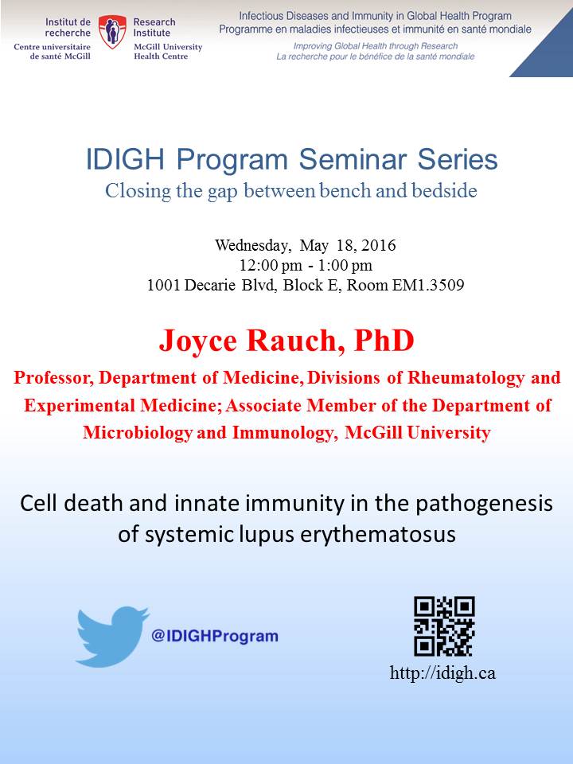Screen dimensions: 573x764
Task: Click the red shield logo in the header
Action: pyautogui.click(x=112, y=32)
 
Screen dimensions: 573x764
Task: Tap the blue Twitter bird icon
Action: pyautogui.click(x=112, y=636)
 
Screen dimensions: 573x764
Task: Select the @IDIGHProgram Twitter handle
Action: pyautogui.click(x=215, y=636)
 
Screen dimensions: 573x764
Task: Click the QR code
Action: pyautogui.click(x=444, y=626)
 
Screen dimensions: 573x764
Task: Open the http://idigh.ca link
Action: pyautogui.click(x=442, y=673)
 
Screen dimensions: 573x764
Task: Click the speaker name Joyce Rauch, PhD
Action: pyautogui.click(x=286, y=340)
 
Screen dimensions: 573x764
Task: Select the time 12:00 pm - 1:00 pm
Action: pyautogui.click(x=306, y=266)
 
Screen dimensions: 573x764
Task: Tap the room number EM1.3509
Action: pyautogui.click(x=428, y=285)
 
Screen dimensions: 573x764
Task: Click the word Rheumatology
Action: pyautogui.click(x=466, y=378)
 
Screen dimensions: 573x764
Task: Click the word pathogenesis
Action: pyautogui.click(x=485, y=505)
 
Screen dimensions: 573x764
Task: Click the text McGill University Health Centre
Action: pyautogui.click(x=168, y=52)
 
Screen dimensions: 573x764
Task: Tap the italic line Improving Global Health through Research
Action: pyautogui.click(x=375, y=46)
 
